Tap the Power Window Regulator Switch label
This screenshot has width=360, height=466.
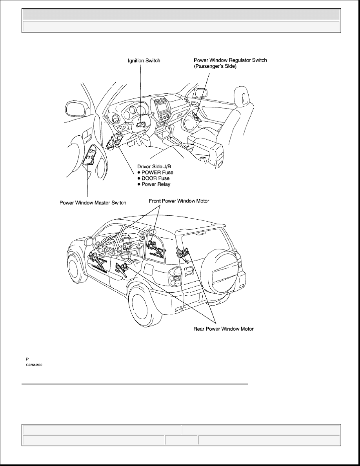point(231,63)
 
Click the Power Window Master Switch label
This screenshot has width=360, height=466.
point(93,203)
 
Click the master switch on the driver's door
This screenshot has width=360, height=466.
point(91,157)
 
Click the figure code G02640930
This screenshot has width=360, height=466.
point(34,365)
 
